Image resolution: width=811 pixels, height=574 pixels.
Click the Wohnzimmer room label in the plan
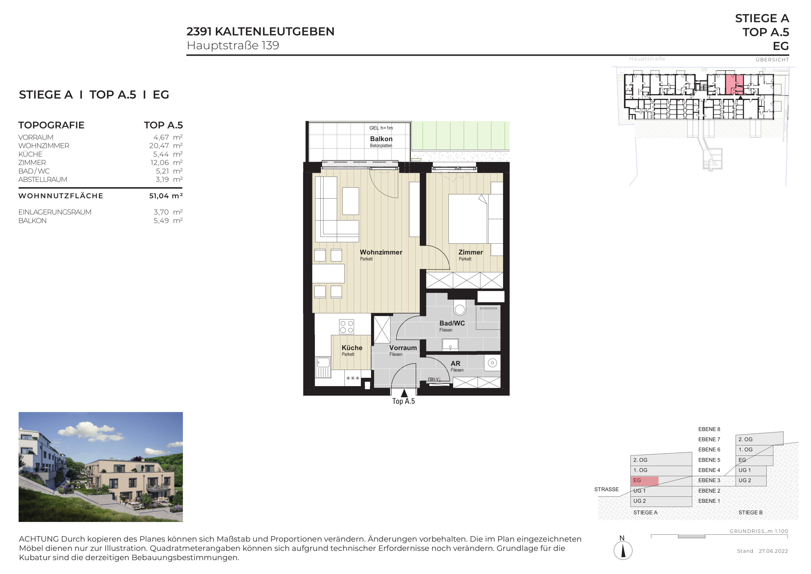tap(381, 252)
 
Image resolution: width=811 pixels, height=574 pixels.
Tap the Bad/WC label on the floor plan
tap(452, 323)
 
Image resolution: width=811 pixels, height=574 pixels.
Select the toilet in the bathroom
tap(459, 308)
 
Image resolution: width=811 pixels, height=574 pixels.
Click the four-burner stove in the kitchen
tap(346, 327)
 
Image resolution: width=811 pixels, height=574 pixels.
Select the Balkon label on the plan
tap(381, 139)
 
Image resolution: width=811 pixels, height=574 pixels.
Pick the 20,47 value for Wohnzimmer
tap(159, 146)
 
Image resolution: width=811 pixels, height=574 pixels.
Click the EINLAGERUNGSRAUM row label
tap(55, 212)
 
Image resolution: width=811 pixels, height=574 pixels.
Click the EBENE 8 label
tap(709, 429)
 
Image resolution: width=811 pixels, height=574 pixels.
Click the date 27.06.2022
tap(773, 551)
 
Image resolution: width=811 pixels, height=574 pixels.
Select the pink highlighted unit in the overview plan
tap(734, 84)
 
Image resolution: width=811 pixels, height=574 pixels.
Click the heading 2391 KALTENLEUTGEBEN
tap(260, 32)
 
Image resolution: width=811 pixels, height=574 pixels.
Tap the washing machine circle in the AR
tap(492, 363)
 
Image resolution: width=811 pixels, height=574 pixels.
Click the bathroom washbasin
tap(450, 344)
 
